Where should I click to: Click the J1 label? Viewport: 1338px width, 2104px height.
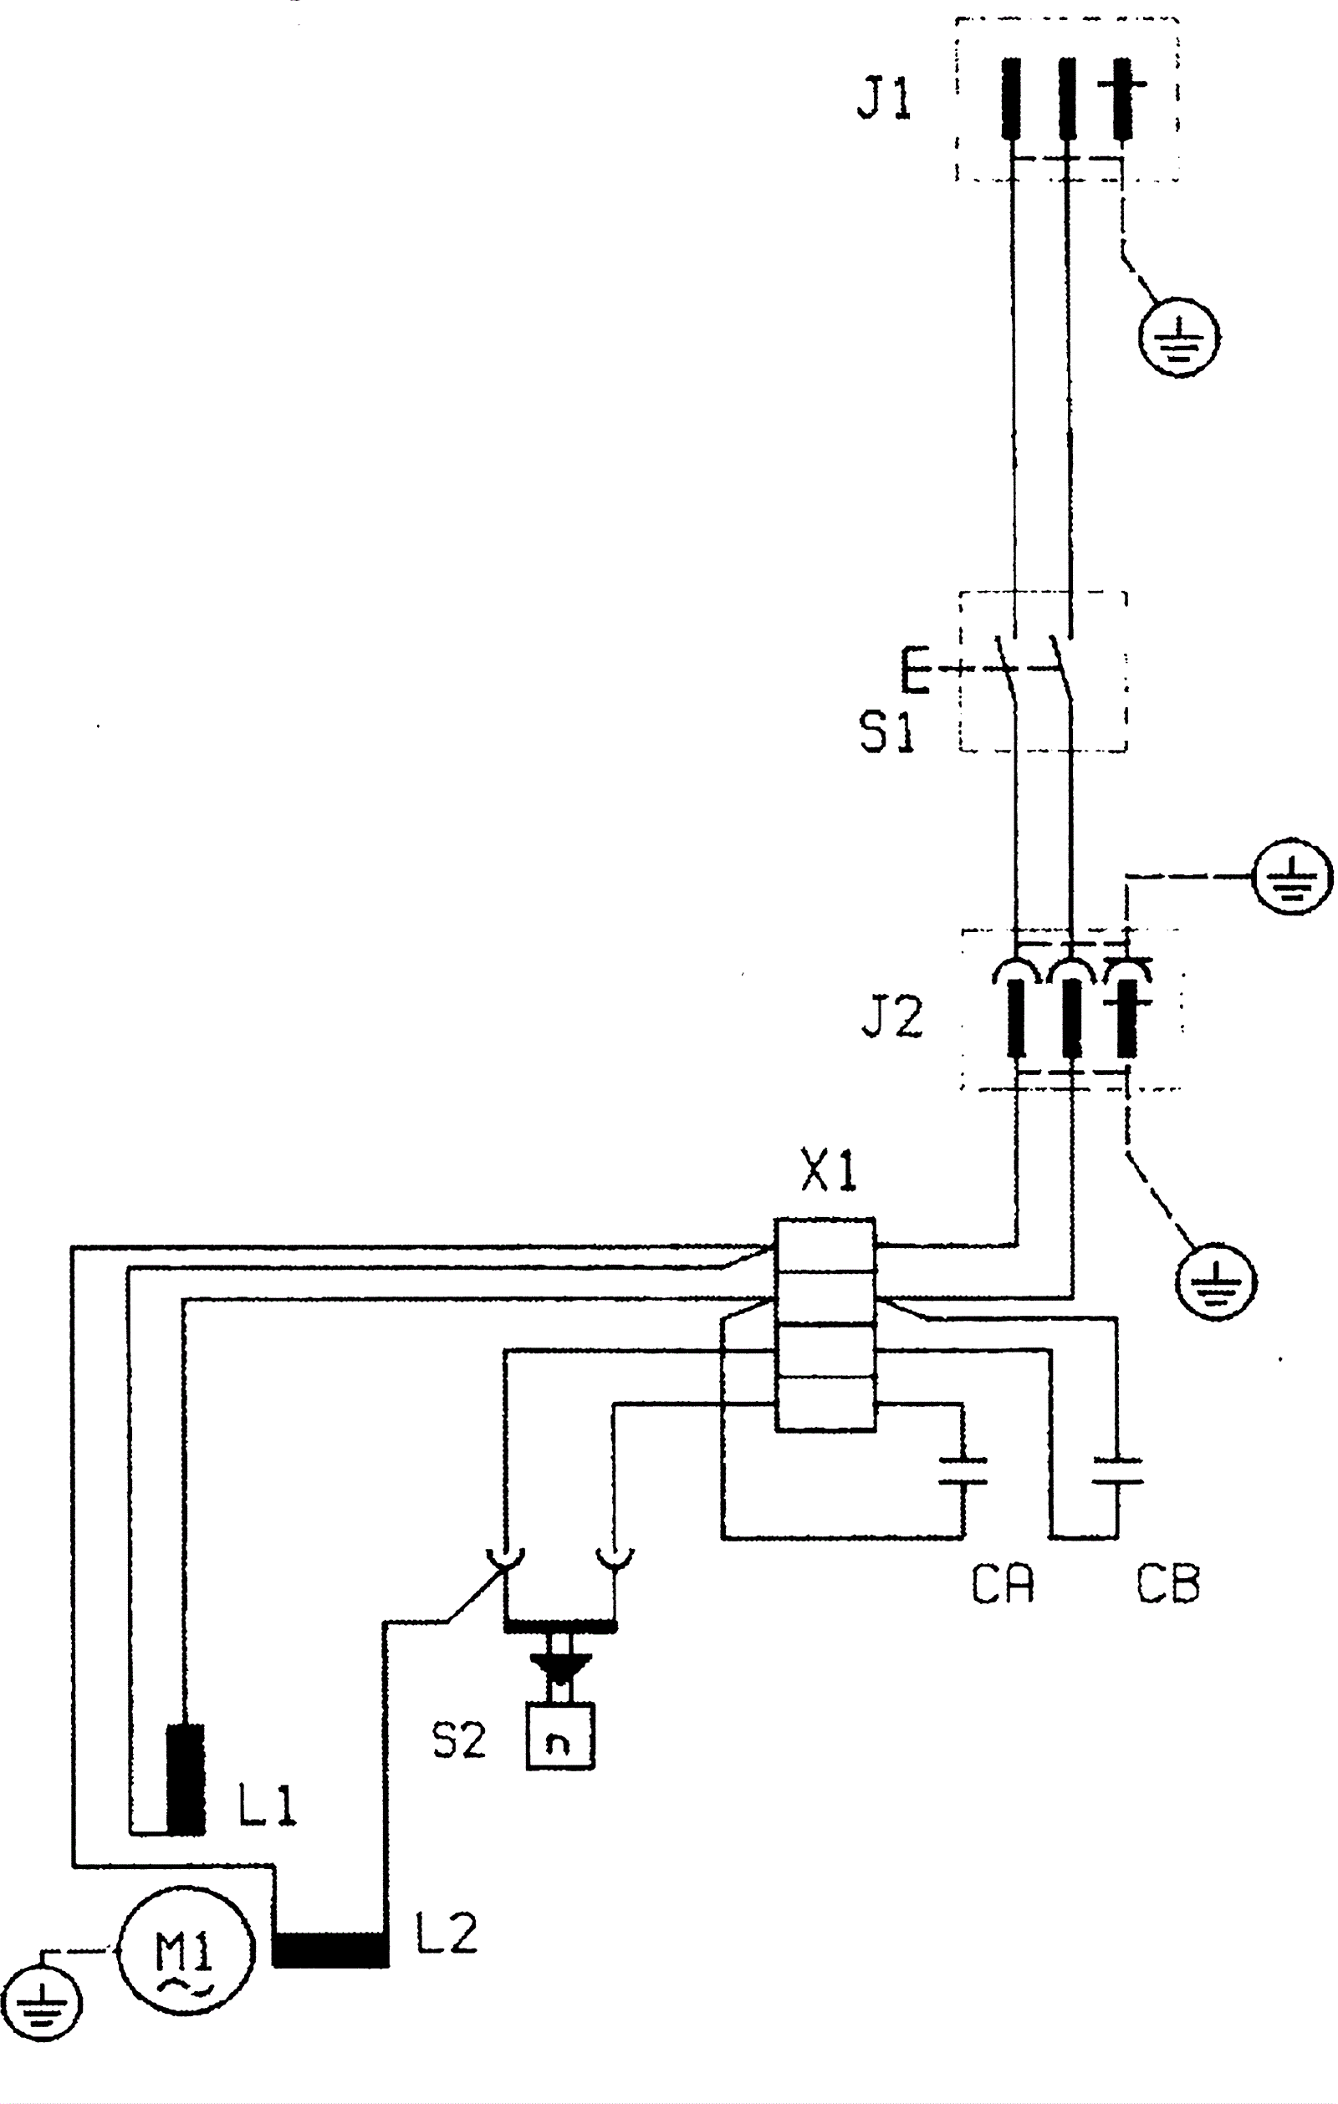pos(884,98)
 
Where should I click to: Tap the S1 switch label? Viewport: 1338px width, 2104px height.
pos(886,731)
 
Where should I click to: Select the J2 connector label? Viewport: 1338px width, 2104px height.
pos(891,1017)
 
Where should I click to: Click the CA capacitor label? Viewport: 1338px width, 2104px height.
pos(1002,1583)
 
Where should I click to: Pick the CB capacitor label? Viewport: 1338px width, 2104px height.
pos(1167,1583)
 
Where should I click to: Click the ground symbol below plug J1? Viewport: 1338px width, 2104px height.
pos(1180,335)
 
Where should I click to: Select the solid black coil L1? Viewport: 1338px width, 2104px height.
pos(186,1778)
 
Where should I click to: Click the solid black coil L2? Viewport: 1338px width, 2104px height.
pos(330,1949)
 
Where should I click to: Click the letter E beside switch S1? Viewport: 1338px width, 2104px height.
pos(915,670)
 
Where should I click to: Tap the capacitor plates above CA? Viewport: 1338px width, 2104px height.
pos(963,1470)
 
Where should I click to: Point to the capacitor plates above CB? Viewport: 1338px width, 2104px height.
pos(1117,1470)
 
